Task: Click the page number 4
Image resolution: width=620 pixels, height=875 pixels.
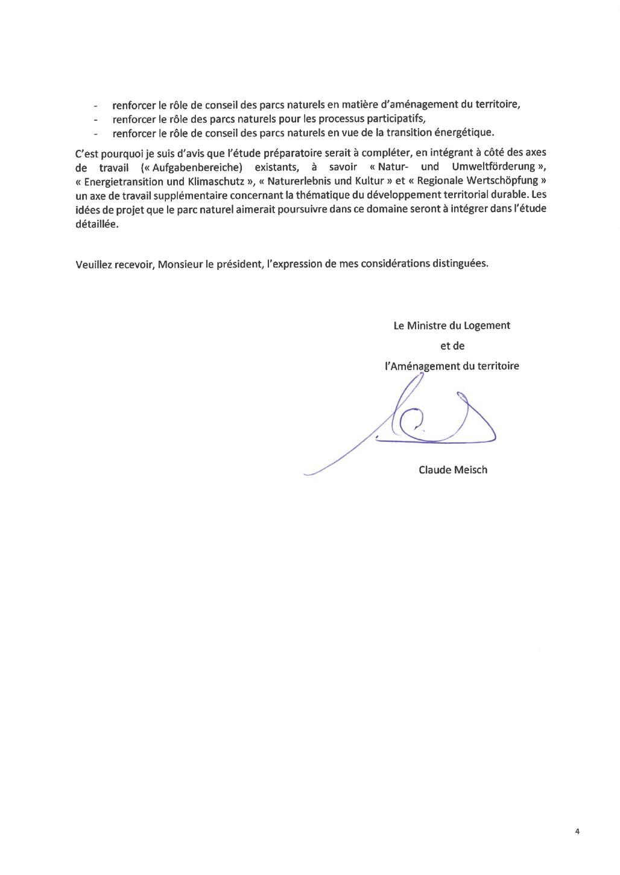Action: pos(577,832)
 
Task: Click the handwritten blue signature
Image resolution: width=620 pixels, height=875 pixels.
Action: pos(422,423)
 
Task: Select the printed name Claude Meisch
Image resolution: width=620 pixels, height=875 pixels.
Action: pos(453,470)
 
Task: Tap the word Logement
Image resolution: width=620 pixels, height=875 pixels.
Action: pos(487,325)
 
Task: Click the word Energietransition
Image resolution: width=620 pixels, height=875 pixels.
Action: pos(124,181)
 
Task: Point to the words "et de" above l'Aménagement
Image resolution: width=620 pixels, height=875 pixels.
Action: pos(452,346)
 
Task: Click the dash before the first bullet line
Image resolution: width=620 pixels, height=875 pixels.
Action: pos(95,105)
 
